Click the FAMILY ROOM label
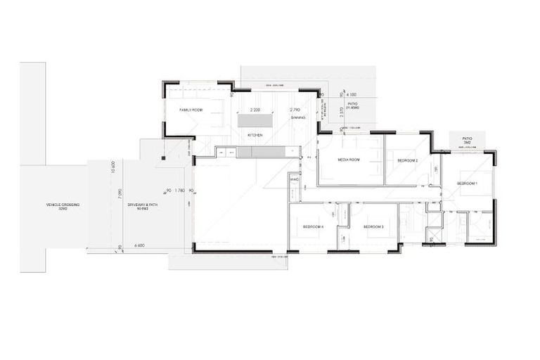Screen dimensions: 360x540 click(191, 110)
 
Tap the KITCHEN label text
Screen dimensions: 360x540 click(255, 134)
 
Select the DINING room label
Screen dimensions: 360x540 click(298, 118)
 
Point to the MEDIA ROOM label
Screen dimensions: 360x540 click(349, 160)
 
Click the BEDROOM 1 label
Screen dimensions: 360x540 click(468, 183)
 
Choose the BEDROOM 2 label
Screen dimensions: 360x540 click(408, 161)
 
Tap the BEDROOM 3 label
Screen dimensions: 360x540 click(373, 227)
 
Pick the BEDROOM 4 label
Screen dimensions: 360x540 click(313, 227)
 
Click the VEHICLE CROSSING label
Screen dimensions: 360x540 click(63, 205)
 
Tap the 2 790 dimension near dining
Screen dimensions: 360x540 click(295, 110)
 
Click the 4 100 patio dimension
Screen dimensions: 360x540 click(352, 95)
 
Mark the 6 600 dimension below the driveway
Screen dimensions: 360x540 click(139, 245)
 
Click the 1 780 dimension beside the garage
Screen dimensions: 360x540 click(179, 190)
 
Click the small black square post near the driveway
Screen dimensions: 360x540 click(162, 157)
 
